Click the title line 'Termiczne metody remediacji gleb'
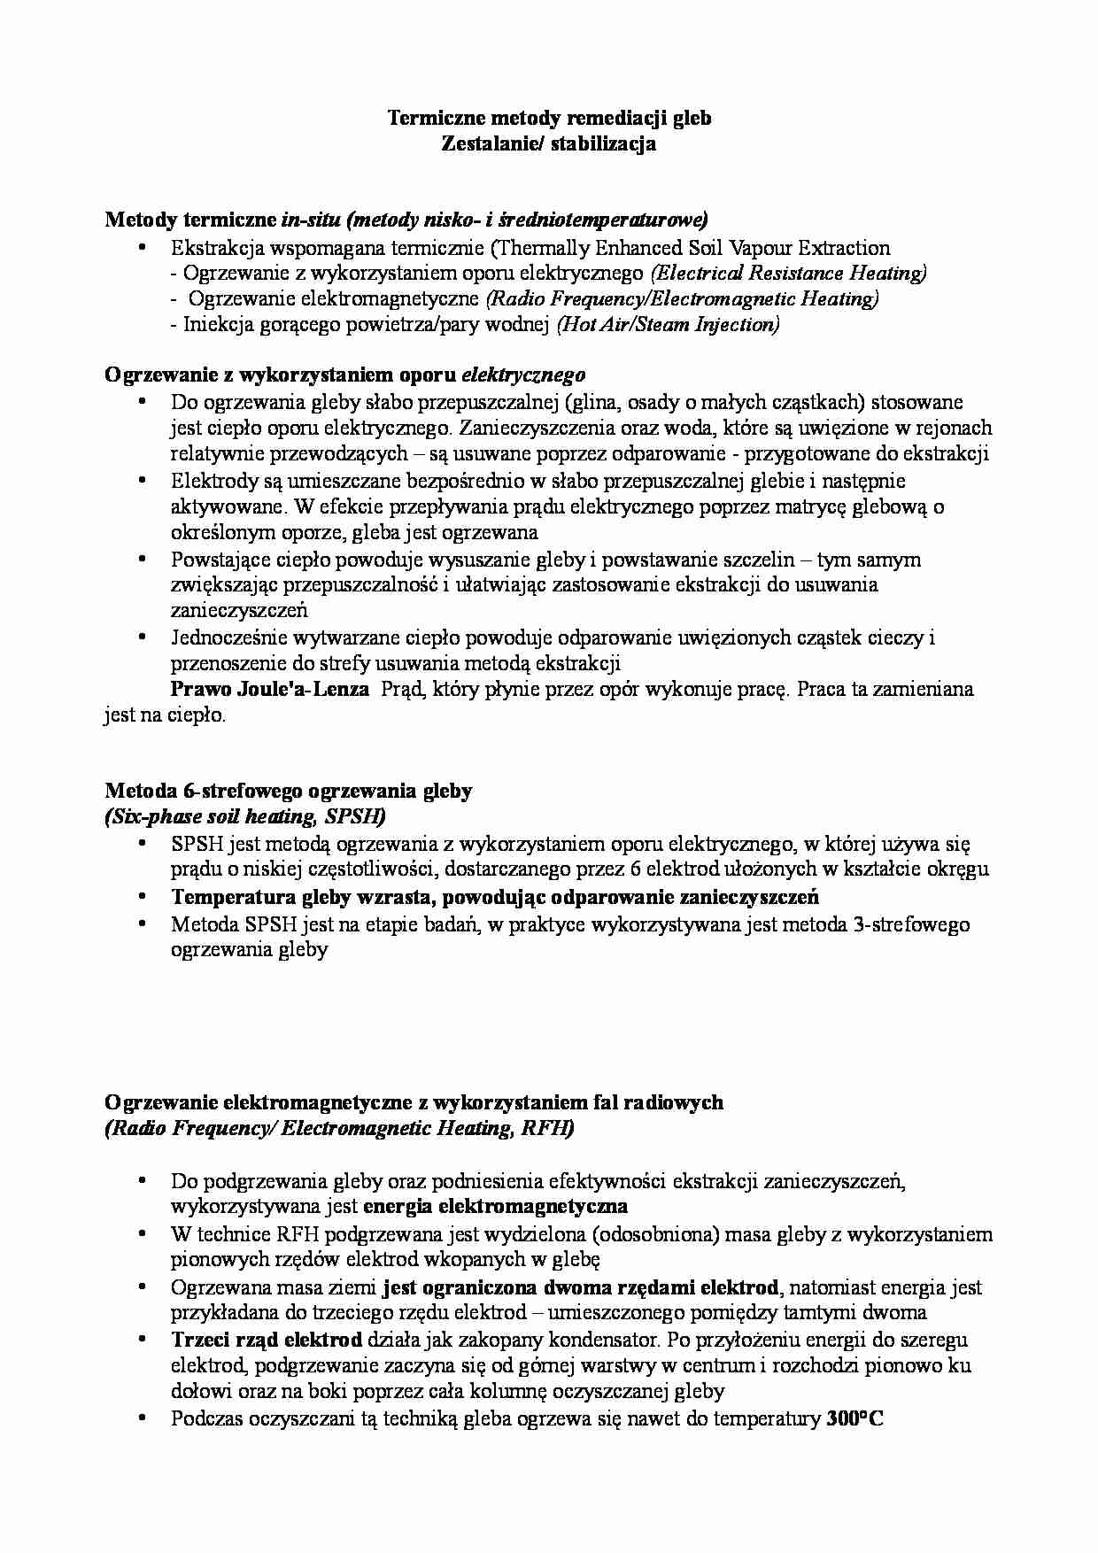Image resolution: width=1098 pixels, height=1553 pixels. click(549, 118)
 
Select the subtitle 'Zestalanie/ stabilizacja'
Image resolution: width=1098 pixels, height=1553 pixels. click(549, 143)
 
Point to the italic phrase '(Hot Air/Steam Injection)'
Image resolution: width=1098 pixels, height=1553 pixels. click(668, 325)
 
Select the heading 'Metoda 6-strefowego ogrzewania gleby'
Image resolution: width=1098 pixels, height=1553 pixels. click(289, 791)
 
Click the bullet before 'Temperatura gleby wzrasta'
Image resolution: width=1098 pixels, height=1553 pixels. click(142, 897)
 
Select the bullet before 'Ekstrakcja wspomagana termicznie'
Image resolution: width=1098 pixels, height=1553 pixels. click(142, 249)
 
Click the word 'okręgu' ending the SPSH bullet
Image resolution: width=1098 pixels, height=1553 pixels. click(959, 869)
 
